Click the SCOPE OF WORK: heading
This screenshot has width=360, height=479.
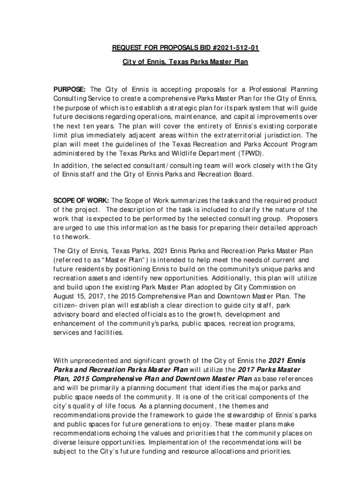(81, 201)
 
